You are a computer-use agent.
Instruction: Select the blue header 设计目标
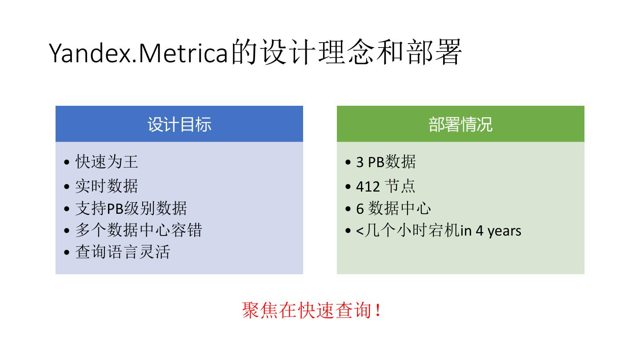pyautogui.click(x=179, y=124)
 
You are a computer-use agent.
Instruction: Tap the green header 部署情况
pyautogui.click(x=460, y=124)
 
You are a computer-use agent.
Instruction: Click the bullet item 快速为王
pyautogui.click(x=107, y=162)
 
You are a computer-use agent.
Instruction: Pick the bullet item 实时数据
pyautogui.click(x=107, y=186)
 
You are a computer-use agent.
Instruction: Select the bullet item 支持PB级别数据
pyautogui.click(x=131, y=208)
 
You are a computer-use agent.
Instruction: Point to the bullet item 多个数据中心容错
pyautogui.click(x=139, y=230)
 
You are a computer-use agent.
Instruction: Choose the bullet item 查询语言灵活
pyautogui.click(x=123, y=252)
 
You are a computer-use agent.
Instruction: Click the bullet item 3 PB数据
pyautogui.click(x=386, y=162)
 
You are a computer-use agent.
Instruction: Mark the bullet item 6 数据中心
pyautogui.click(x=393, y=208)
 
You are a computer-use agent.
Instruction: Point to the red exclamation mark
pyautogui.click(x=378, y=310)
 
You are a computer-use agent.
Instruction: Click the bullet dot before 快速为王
pyautogui.click(x=67, y=163)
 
